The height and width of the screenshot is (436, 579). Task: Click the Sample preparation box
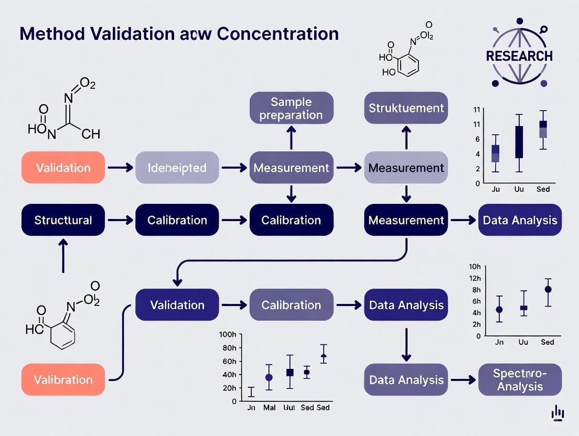click(x=291, y=108)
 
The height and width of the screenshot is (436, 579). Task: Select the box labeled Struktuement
click(x=406, y=108)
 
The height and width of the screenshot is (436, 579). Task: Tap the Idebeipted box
click(x=177, y=168)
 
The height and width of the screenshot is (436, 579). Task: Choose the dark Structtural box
click(x=63, y=220)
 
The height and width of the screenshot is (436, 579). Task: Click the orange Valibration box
click(x=63, y=379)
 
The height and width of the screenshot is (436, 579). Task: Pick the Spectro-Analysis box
click(x=520, y=380)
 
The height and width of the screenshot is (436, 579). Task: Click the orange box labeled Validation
click(x=63, y=168)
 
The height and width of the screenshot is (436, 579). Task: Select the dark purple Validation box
click(x=177, y=304)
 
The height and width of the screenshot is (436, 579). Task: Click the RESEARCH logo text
click(x=519, y=56)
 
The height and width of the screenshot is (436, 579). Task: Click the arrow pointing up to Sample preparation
click(x=291, y=137)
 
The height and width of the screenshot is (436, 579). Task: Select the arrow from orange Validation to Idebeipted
click(x=120, y=168)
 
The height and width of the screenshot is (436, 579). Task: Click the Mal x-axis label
click(x=269, y=407)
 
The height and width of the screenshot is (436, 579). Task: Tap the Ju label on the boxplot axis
click(x=496, y=189)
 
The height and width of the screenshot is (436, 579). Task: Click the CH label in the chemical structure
click(x=91, y=135)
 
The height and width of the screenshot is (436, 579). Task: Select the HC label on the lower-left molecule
click(x=34, y=329)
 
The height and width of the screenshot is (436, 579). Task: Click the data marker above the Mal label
click(x=269, y=377)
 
